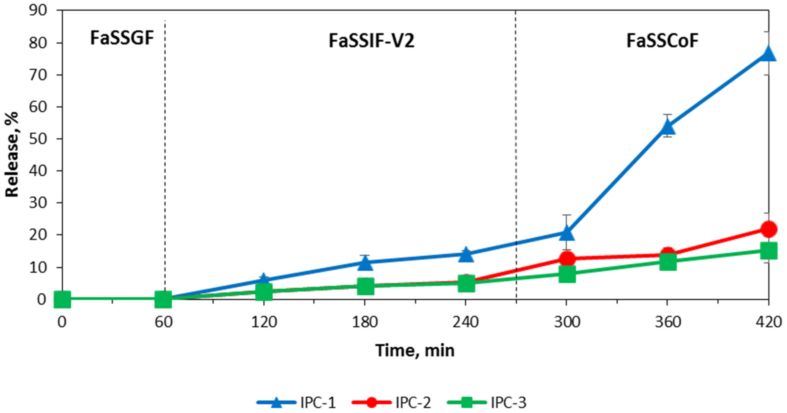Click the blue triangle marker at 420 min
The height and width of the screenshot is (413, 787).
point(768,54)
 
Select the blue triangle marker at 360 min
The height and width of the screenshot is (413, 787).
point(668,127)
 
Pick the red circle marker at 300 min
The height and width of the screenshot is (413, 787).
point(567,259)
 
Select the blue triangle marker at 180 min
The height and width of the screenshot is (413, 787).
point(365,263)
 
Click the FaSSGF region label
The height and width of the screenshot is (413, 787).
point(122,39)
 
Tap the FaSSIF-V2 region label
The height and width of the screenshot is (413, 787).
point(372,41)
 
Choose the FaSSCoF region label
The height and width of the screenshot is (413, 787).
point(662,41)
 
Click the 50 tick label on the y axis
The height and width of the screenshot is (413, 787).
point(38,139)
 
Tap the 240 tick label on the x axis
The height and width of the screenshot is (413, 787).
point(466,322)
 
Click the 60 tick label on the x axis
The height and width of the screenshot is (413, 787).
point(163,322)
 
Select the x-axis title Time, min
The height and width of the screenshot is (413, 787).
point(415,350)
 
